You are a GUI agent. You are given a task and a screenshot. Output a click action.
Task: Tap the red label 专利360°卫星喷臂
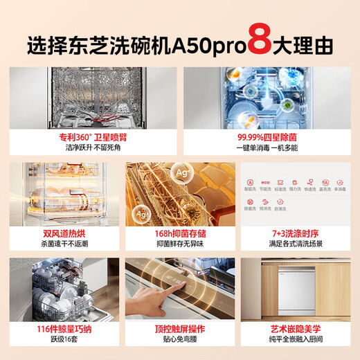[x=90, y=138]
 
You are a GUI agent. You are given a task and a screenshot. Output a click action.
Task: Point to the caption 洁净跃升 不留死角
[x=90, y=149]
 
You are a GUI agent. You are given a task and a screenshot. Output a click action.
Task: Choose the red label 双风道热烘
[x=62, y=233]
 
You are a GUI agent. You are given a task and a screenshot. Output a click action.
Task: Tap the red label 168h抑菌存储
[x=179, y=233]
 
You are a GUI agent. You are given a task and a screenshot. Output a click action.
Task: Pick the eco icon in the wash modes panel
[x=264, y=181]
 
